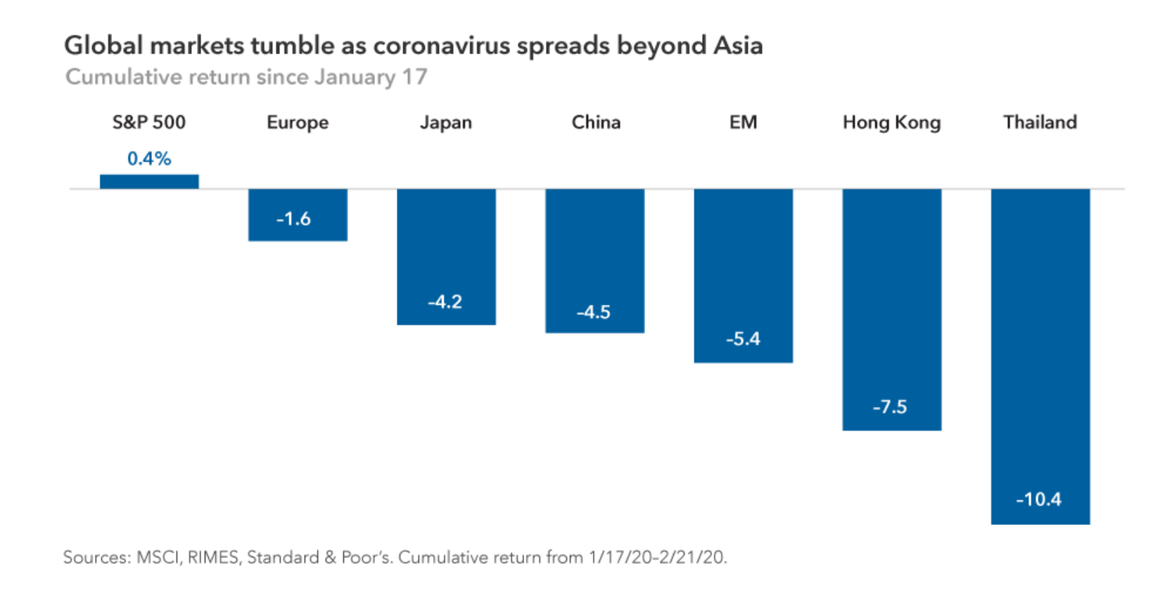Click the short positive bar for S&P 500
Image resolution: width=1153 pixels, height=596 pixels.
point(149,181)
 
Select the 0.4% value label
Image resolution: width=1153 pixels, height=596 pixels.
point(149,159)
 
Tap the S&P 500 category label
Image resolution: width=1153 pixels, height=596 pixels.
point(149,122)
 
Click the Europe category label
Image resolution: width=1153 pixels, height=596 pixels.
point(298,123)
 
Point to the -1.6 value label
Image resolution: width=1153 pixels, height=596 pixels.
point(293,219)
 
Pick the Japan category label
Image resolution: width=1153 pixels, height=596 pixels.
point(446,123)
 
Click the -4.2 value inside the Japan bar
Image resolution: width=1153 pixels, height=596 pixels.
point(445,302)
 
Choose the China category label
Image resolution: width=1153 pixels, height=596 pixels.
point(596,122)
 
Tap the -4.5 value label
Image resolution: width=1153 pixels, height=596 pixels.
point(594,312)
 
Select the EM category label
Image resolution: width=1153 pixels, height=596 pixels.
point(744,122)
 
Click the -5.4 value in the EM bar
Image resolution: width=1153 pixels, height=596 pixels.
point(744,339)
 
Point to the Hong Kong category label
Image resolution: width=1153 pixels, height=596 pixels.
point(891,123)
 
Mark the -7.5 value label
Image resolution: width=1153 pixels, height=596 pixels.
point(890,407)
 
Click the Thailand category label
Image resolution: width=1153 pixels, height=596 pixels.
point(1040,122)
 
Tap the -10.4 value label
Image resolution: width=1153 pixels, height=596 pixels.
point(1038,500)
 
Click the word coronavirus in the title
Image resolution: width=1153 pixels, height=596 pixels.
point(441,46)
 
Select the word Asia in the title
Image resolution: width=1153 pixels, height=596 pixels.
point(738,46)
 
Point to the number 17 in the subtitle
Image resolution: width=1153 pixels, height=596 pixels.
point(414,77)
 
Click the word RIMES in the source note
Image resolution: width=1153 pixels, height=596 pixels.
point(214,557)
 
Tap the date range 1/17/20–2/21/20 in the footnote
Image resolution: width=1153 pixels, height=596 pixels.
point(657,557)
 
